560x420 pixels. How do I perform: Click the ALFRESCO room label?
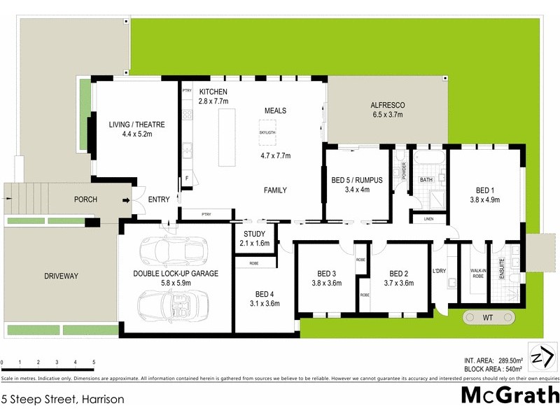click(388, 106)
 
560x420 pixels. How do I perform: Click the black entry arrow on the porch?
click(126, 200)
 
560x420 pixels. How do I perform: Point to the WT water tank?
click(488, 318)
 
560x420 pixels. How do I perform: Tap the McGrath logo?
click(510, 396)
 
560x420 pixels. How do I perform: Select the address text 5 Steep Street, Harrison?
click(63, 400)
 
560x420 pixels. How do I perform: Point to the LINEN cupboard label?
click(428, 220)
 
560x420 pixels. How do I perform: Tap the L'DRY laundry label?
click(440, 272)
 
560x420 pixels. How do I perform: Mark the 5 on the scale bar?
click(94, 363)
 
